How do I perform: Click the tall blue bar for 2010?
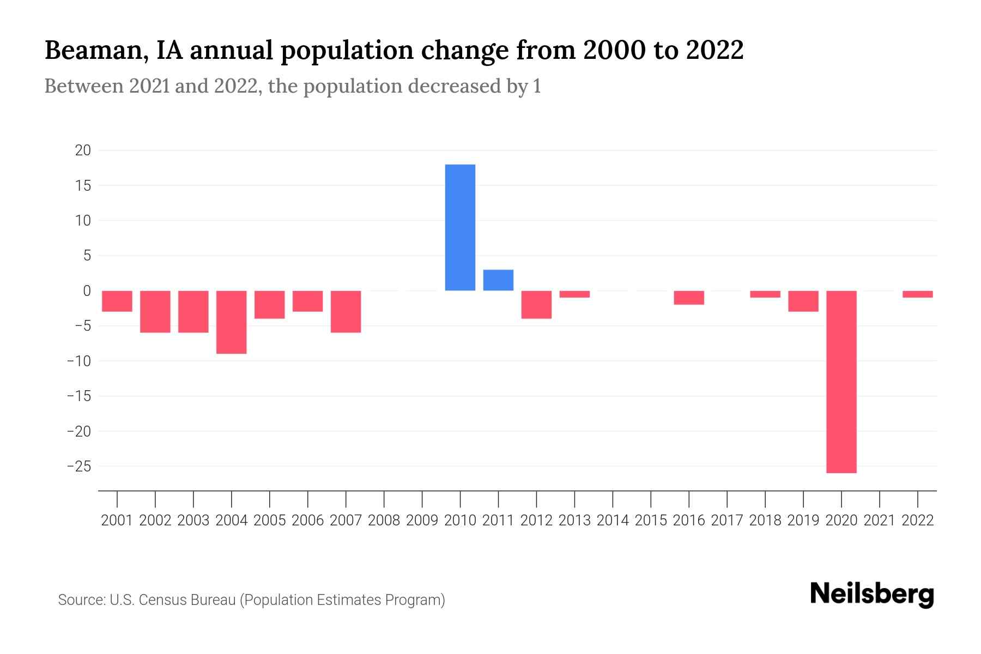[460, 227]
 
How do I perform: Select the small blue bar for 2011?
[498, 280]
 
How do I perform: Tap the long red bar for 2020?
[841, 381]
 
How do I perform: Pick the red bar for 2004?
[232, 322]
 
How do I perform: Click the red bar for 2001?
[117, 301]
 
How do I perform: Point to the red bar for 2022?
[917, 294]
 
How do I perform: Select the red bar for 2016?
[688, 298]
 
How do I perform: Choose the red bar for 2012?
[536, 305]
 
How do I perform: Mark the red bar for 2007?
[346, 312]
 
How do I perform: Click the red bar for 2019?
[803, 301]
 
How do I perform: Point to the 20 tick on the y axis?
[83, 150]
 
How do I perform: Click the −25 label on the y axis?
[79, 467]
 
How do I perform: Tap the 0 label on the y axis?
[87, 291]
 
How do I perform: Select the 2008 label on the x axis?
[384, 520]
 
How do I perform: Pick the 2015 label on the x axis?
[651, 520]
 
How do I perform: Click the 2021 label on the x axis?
[879, 520]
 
